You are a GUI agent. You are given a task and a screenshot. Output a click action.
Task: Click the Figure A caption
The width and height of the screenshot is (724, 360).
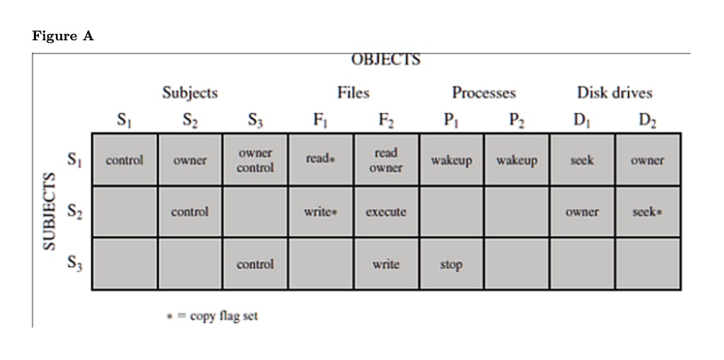tap(63, 36)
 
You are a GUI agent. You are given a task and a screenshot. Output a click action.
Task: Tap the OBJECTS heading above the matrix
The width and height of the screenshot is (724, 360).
tap(386, 59)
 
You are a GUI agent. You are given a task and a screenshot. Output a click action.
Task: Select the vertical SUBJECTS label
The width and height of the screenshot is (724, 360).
tap(49, 211)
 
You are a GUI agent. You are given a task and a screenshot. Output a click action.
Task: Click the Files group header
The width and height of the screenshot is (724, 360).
tap(354, 93)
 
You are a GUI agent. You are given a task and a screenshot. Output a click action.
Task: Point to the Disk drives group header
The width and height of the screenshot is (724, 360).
tap(614, 93)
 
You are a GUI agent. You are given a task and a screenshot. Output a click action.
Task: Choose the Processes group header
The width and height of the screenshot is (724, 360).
tap(484, 93)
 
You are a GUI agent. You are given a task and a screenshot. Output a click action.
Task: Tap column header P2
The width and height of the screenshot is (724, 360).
tap(517, 120)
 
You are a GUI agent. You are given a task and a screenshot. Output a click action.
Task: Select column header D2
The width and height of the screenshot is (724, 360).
tap(648, 120)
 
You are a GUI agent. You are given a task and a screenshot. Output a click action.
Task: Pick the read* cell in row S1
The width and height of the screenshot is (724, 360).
tap(320, 159)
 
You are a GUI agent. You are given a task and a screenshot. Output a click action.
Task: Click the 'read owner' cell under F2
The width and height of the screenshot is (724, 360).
tap(386, 160)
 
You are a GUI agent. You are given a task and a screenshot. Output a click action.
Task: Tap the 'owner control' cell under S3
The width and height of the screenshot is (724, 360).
tap(255, 160)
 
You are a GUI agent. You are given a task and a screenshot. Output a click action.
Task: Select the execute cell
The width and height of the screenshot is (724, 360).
tap(386, 212)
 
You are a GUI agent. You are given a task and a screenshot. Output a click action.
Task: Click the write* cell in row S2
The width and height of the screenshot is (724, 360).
tap(320, 212)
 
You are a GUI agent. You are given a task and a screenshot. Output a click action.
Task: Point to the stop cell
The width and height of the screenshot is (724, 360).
tap(451, 265)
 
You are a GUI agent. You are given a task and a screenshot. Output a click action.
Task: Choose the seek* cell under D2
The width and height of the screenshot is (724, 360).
tap(648, 212)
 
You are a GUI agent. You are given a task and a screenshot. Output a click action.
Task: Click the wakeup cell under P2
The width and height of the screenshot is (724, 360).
tap(517, 161)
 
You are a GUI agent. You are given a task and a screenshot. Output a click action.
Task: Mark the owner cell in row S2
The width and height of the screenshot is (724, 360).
tap(583, 212)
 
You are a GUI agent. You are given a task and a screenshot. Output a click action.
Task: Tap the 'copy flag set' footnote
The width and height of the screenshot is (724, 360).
tap(212, 316)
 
